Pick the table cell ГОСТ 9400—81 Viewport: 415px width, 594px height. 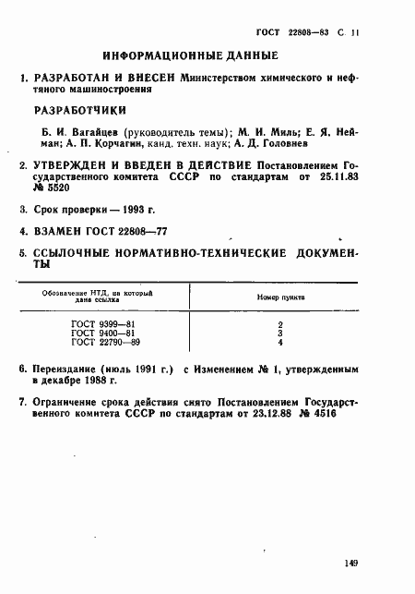[x=96, y=333]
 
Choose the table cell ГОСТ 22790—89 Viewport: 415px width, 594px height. [x=99, y=343]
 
